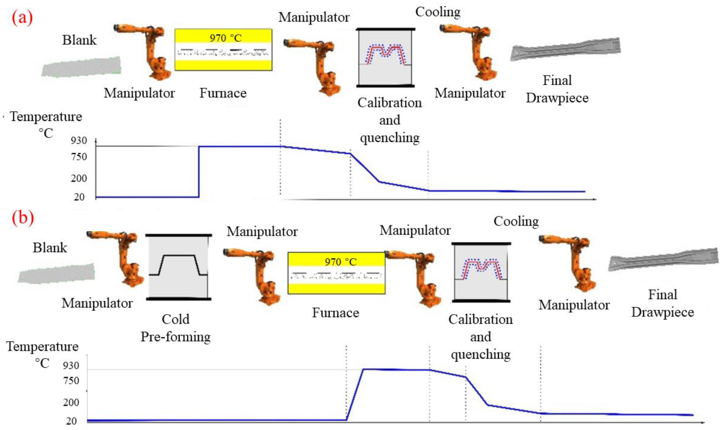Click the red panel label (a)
pyautogui.click(x=22, y=18)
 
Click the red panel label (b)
pyautogui.click(x=23, y=218)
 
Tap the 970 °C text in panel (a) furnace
pyautogui.click(x=225, y=38)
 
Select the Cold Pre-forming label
pyautogui.click(x=176, y=328)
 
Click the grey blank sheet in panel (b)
pyautogui.click(x=57, y=273)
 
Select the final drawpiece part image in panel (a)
pyautogui.click(x=565, y=49)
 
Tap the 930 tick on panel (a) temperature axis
pyautogui.click(x=79, y=141)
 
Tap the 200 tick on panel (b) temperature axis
pyautogui.click(x=71, y=402)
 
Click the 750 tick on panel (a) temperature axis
pyautogui.click(x=79, y=157)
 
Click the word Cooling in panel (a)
pyautogui.click(x=438, y=12)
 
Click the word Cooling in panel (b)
pyautogui.click(x=516, y=222)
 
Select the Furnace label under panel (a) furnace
pyautogui.click(x=223, y=93)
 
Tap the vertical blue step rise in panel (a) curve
pyautogui.click(x=199, y=171)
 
